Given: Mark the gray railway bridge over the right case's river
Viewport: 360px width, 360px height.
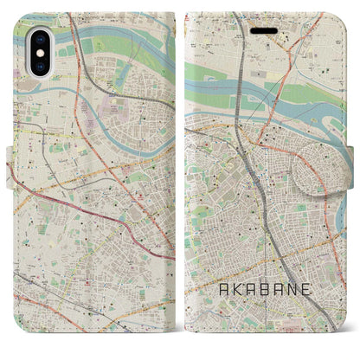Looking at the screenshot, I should [244, 126].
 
